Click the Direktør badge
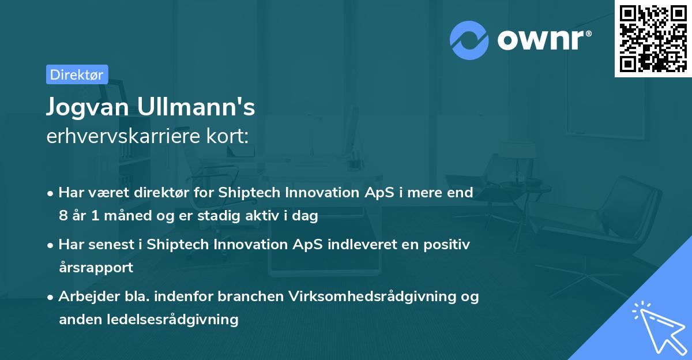77,74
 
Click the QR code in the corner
653,38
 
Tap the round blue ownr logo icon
469,40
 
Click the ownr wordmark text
543,40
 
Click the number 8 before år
62,216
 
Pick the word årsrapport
96,268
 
